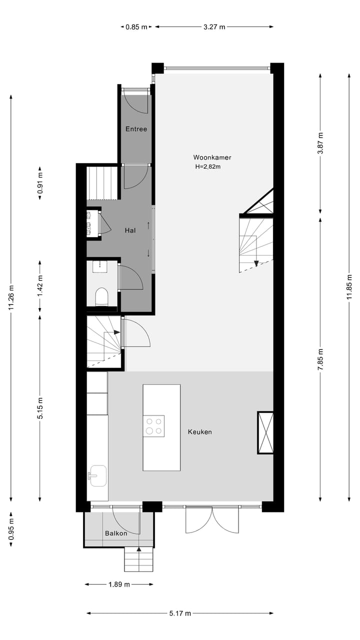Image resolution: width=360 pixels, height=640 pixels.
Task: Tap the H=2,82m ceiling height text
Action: [207, 167]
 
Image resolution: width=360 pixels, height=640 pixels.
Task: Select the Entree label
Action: [136, 129]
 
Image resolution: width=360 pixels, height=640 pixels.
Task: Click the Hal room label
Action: [130, 230]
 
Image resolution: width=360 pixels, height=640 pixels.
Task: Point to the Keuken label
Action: [200, 431]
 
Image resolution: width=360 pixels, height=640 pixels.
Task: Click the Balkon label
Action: [116, 533]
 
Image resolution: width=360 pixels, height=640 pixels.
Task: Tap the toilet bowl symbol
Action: [101, 297]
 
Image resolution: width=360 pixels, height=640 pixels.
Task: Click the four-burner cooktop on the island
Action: [154, 426]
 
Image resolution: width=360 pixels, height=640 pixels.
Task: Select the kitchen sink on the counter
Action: [97, 475]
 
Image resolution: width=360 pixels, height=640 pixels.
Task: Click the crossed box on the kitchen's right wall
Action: [265, 432]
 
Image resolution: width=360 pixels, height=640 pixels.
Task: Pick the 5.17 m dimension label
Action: [180, 613]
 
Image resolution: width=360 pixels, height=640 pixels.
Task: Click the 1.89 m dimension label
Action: [119, 584]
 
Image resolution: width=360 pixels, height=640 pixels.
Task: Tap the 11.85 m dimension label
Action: [350, 287]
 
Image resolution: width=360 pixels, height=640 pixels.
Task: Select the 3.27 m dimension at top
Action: [214, 27]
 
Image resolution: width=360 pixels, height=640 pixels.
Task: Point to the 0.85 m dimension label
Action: [136, 27]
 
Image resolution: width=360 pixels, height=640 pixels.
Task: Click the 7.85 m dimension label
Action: [320, 358]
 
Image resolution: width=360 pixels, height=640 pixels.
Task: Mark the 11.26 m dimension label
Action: [11, 297]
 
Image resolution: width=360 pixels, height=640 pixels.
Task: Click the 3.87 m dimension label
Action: [320, 142]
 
